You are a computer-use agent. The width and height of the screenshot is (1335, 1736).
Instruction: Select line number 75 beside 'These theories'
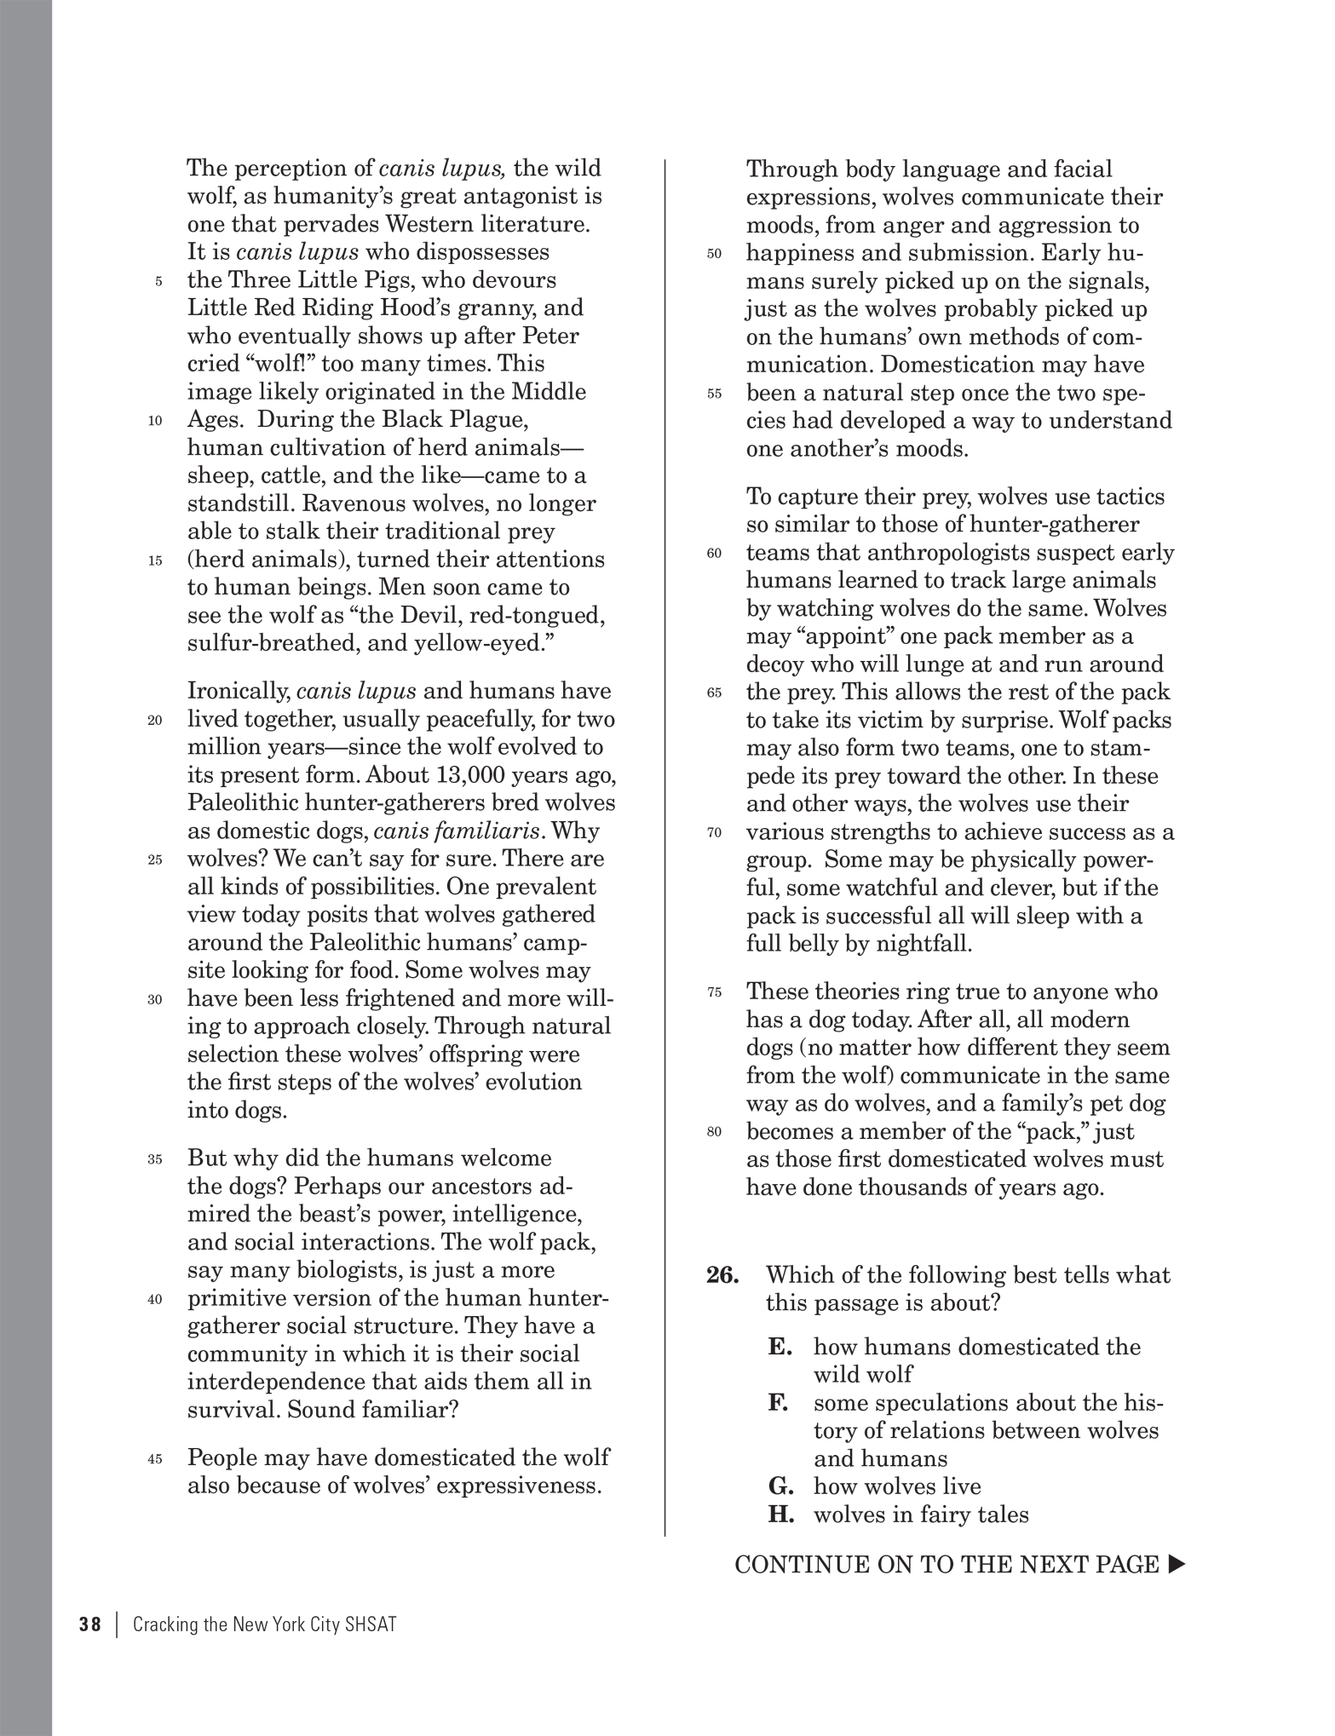point(714,993)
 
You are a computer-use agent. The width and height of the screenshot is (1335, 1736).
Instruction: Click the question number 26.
point(722,1275)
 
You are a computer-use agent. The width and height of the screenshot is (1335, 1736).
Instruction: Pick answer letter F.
point(777,1403)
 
